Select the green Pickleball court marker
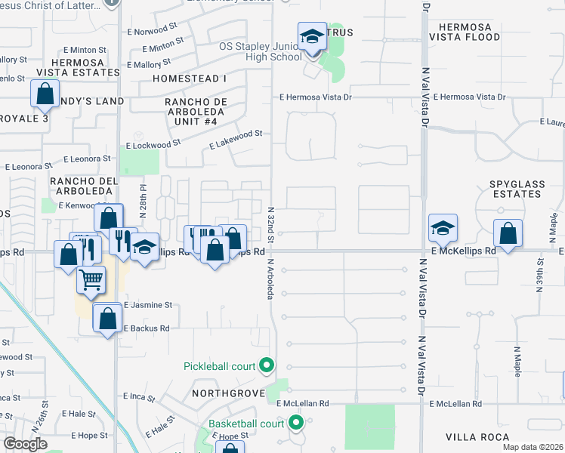tap(266, 366)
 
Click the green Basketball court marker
tap(296, 423)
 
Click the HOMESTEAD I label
tap(189, 79)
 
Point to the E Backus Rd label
tap(147, 329)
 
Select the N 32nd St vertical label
tap(271, 219)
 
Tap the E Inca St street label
tap(139, 396)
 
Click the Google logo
tap(26, 444)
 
